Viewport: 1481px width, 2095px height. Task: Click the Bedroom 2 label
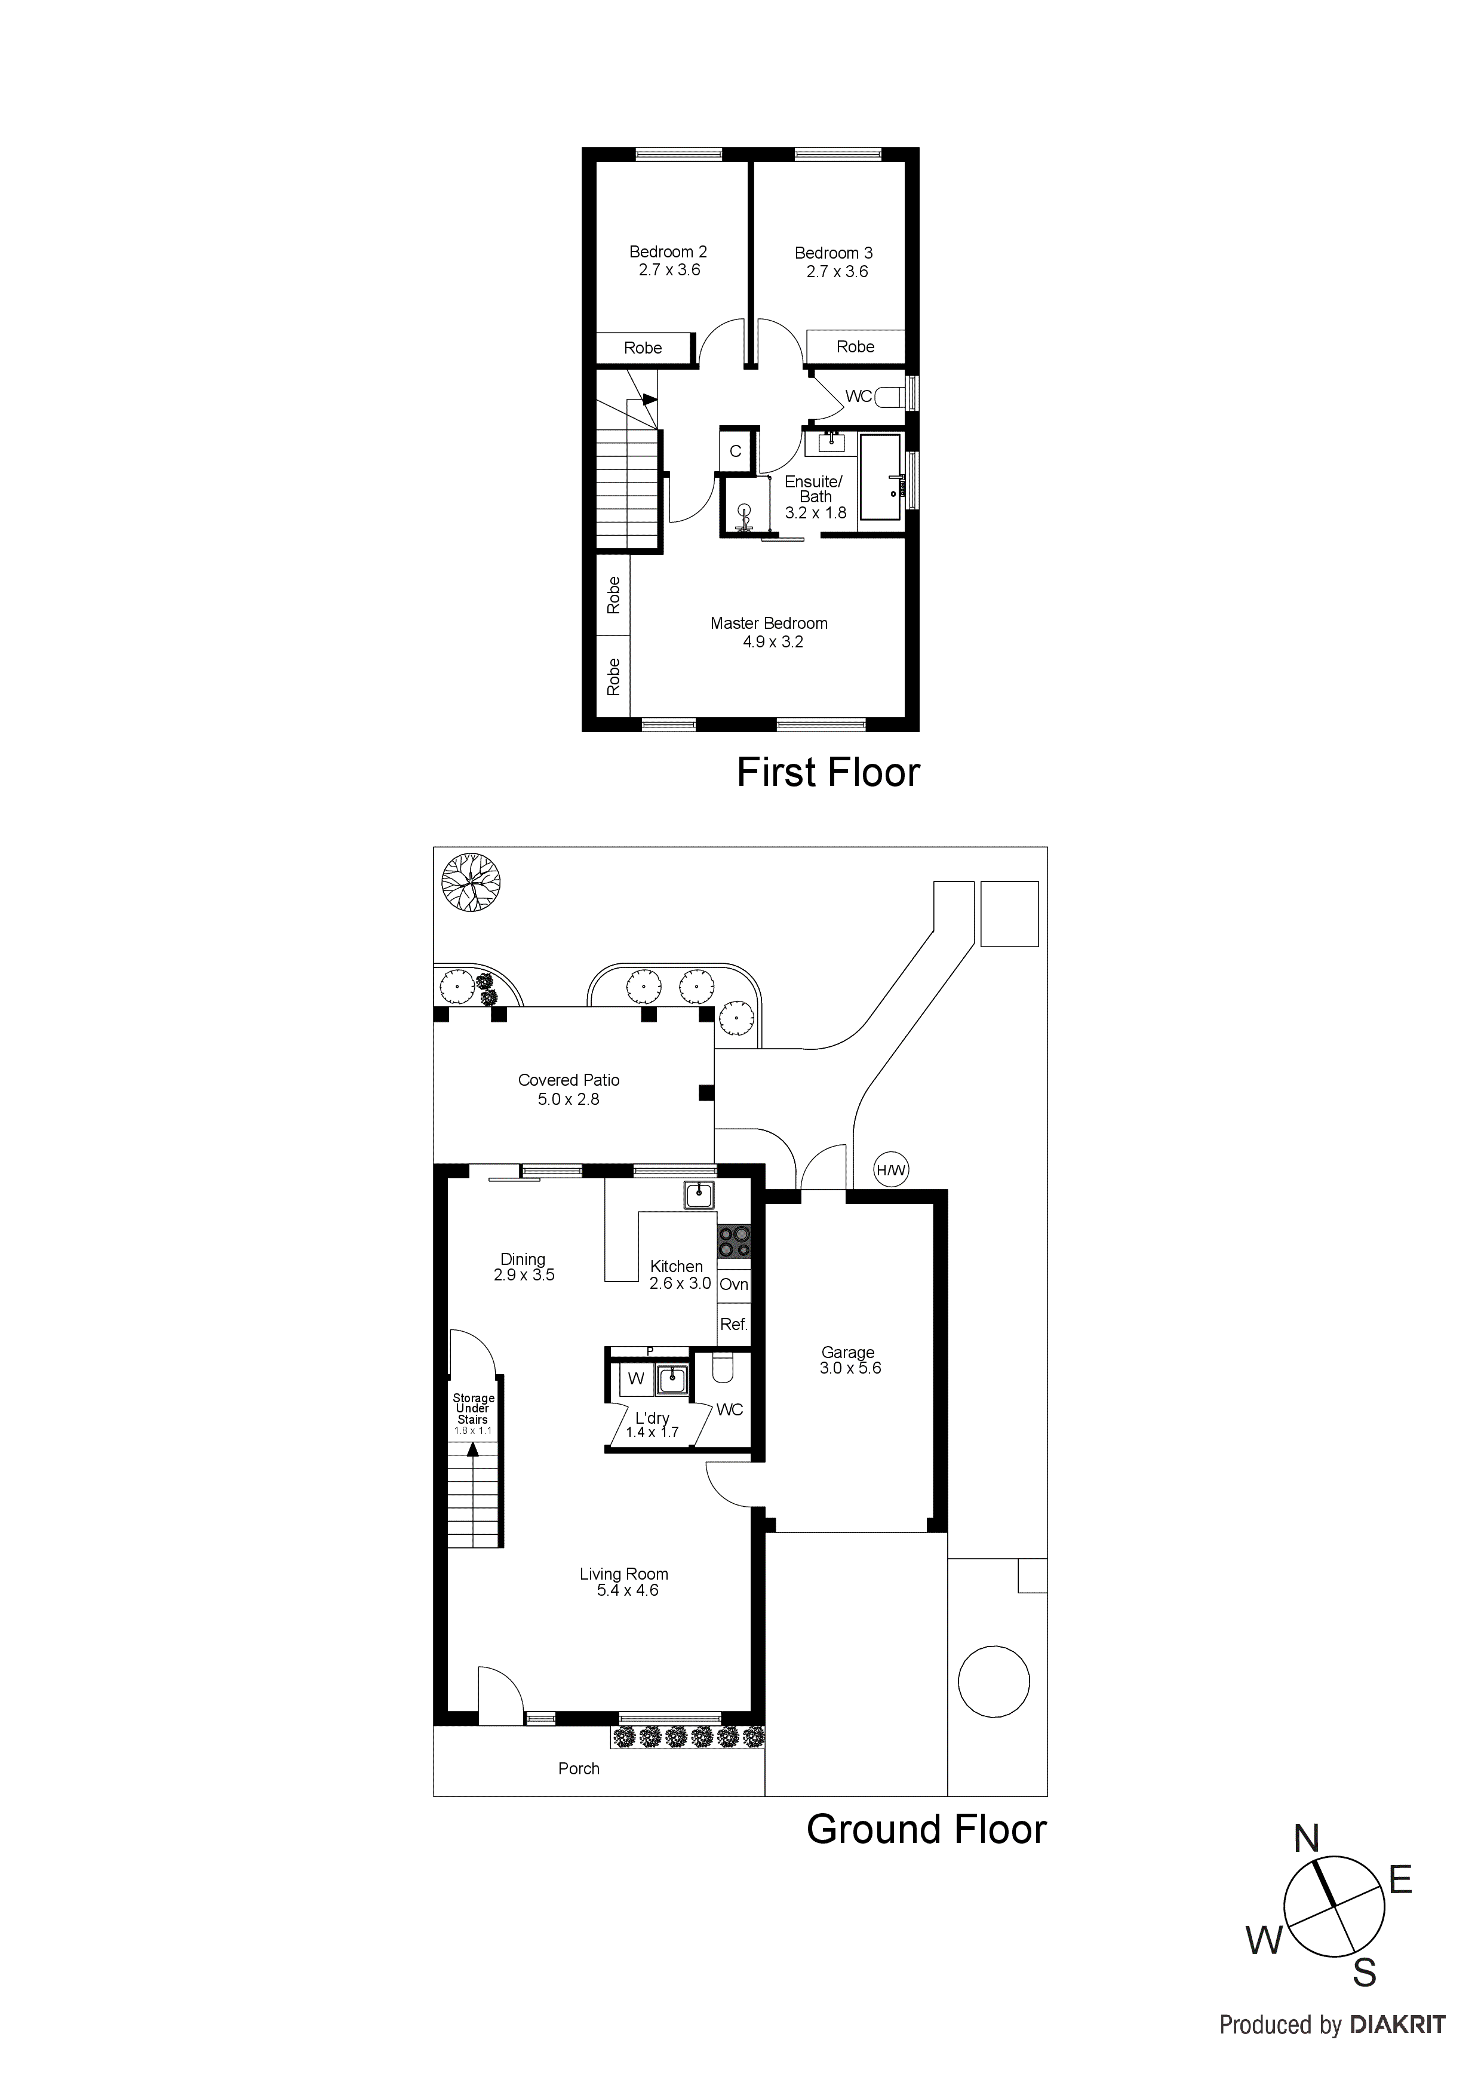point(668,252)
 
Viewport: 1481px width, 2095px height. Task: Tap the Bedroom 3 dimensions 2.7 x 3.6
point(837,272)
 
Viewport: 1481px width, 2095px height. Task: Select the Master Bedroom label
point(769,623)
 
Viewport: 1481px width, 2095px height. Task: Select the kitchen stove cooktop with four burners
point(735,1241)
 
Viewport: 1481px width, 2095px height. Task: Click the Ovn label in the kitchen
point(734,1285)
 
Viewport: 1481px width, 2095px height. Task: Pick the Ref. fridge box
point(734,1324)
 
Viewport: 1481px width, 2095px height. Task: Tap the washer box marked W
point(636,1379)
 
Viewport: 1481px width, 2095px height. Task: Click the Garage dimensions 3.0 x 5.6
point(850,1369)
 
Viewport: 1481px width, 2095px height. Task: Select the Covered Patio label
point(569,1080)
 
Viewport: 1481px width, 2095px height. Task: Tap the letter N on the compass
point(1307,1841)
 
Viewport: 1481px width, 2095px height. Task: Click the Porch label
point(579,1768)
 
